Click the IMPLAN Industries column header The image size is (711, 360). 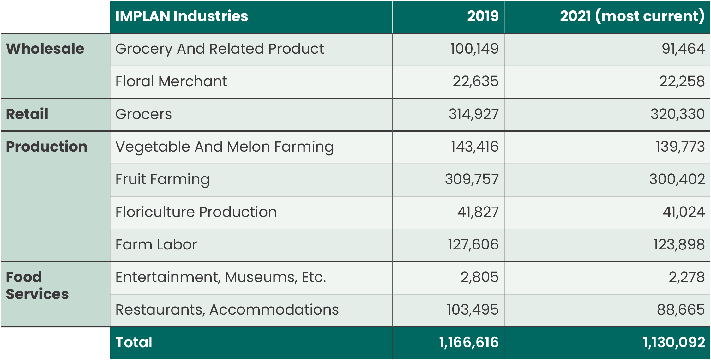point(182,16)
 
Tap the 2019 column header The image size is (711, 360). point(483,16)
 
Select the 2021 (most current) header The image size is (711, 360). point(632,16)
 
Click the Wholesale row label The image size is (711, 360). point(45,49)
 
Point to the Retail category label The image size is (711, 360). point(27,114)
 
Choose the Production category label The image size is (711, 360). point(47,147)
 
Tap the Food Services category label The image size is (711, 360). point(37,285)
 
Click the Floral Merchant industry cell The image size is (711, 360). point(171,81)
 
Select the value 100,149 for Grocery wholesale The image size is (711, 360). point(474,49)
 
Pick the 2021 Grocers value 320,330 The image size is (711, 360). point(677,114)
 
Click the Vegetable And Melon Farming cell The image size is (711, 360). point(224,147)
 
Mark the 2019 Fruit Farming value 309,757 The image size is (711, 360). point(472,179)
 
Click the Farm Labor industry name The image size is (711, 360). point(156,245)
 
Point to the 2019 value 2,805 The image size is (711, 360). point(479,277)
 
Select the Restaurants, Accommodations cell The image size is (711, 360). point(227,310)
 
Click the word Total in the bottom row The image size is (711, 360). point(134,343)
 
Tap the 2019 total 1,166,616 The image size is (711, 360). point(469,343)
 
